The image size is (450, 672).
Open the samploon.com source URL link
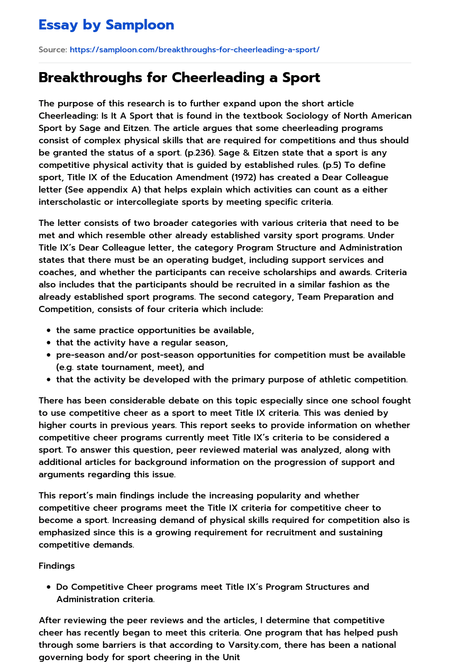pos(195,50)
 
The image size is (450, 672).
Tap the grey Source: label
pos(53,50)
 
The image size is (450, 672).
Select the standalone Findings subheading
pos(57,566)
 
